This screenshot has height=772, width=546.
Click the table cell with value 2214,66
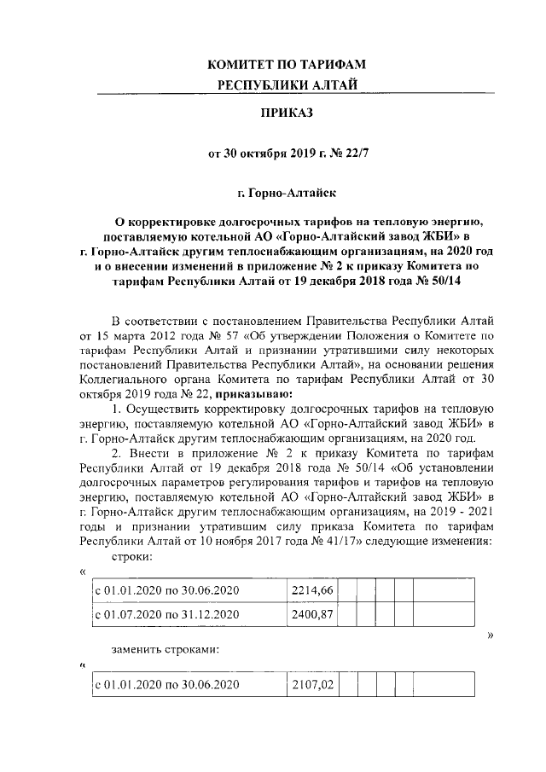coord(311,589)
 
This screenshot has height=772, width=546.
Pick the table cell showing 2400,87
coord(311,613)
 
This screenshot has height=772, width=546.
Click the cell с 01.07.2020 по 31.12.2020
coord(167,613)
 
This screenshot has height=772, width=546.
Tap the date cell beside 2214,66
coord(167,589)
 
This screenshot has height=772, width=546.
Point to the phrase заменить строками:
coord(166,650)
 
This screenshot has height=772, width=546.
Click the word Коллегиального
coord(131,380)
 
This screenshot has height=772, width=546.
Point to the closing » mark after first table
coord(490,636)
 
